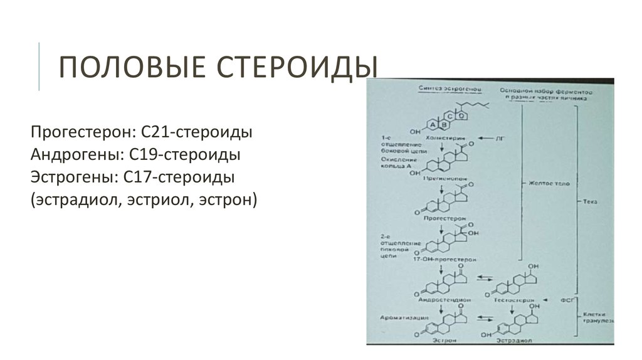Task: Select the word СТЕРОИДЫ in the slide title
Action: coord(283,67)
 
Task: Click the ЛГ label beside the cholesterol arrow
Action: coord(500,136)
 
